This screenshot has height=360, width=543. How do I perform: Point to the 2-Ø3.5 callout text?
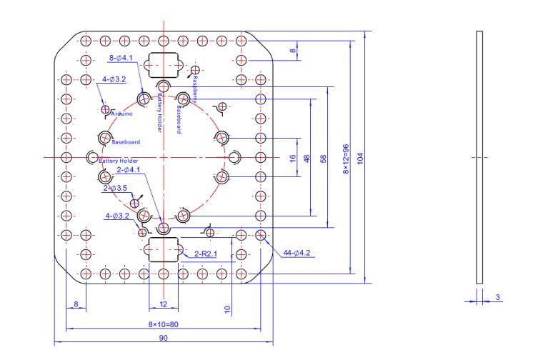click(115, 188)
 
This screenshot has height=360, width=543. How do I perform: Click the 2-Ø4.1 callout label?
click(128, 170)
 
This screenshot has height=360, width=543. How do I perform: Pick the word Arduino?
click(121, 114)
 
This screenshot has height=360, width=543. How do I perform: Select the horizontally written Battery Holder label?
click(118, 161)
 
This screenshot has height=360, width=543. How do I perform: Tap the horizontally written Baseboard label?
click(126, 142)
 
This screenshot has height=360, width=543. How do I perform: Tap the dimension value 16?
click(292, 158)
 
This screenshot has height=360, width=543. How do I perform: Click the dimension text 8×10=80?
click(162, 324)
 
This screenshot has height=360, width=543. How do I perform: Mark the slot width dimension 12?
click(163, 304)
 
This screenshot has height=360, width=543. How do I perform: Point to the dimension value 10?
click(227, 309)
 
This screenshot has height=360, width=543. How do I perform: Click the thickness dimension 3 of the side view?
click(498, 296)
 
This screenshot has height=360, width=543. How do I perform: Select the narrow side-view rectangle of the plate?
click(479, 157)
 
